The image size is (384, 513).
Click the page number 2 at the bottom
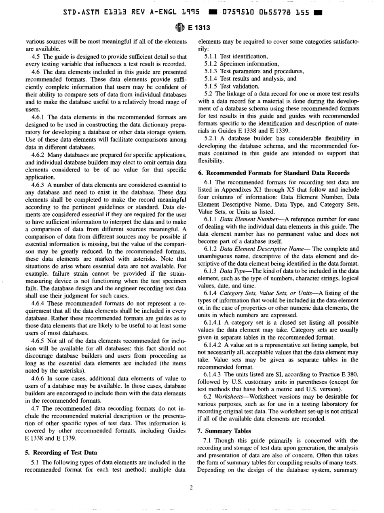point(192,486)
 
